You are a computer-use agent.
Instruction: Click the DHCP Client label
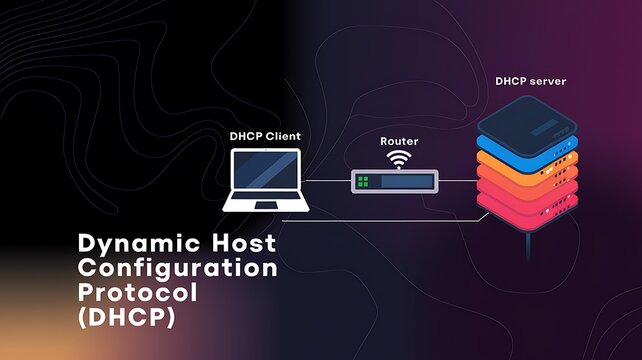(x=264, y=135)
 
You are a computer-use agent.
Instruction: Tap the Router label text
(x=399, y=142)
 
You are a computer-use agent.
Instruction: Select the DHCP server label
(x=530, y=79)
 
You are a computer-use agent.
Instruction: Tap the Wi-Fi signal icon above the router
(x=399, y=160)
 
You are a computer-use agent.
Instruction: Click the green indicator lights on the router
(x=364, y=182)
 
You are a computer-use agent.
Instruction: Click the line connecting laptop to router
(x=328, y=181)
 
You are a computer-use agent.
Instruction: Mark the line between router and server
(x=455, y=181)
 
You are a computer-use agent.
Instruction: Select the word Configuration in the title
(x=176, y=268)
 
